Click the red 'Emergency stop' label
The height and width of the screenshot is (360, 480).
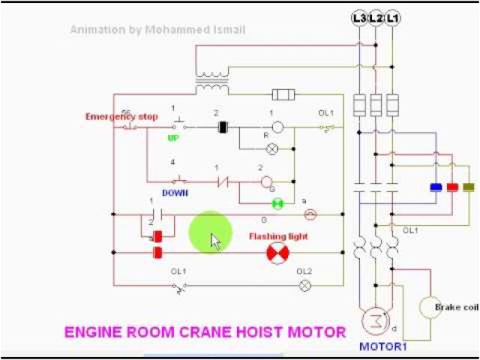pos(111,116)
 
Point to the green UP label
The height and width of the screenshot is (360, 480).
pos(173,139)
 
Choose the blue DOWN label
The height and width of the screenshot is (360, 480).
pos(175,193)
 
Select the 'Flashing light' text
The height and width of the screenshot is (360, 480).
pos(278,236)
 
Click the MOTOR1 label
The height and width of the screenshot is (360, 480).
pos(382,346)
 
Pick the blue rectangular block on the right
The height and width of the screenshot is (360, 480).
pos(434,187)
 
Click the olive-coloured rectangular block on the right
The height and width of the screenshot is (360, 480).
pos(469,187)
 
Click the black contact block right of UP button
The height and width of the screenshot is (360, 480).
pos(222,127)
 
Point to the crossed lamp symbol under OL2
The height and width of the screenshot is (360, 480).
pos(305,285)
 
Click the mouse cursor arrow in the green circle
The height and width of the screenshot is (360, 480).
pos(215,241)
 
